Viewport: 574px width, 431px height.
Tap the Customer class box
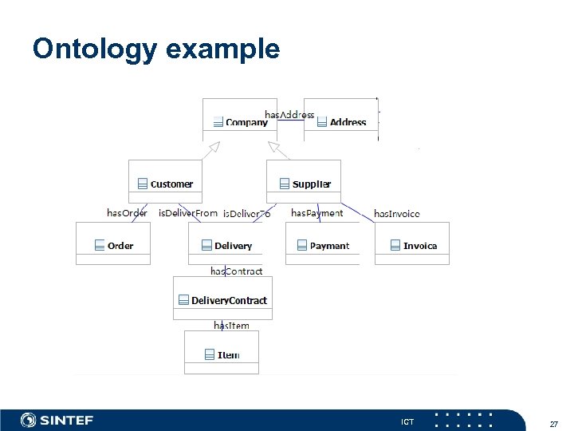coord(166,184)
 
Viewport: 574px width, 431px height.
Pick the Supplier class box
coord(304,184)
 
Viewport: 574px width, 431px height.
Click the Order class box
coord(112,245)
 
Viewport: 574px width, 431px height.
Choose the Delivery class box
coord(226,245)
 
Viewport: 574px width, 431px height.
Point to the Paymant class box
coord(322,245)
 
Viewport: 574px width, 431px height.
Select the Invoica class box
coord(412,245)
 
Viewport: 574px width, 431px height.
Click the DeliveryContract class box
coord(222,300)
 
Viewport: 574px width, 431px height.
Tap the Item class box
coord(222,354)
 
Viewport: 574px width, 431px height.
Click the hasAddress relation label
coord(289,115)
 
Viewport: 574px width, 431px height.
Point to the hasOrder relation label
coord(127,213)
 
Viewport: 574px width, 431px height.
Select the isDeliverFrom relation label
coord(188,213)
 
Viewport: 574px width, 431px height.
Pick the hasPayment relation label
coord(316,213)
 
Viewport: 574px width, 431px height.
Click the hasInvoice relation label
coord(397,214)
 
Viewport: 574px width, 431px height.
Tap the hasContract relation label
coord(236,271)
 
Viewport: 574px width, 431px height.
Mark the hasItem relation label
coord(231,325)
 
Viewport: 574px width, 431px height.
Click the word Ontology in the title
coord(95,49)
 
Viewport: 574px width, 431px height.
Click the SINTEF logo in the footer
coord(57,420)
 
